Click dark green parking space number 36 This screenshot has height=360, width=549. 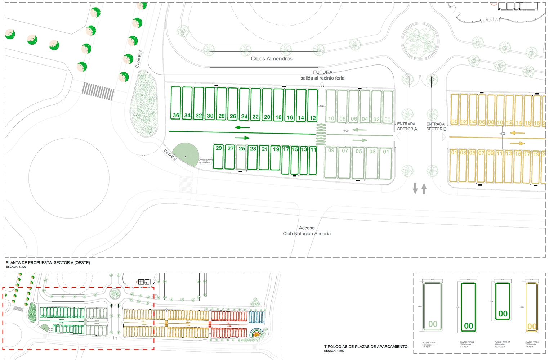pos(176,103)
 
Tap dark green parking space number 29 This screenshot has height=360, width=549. pos(219,157)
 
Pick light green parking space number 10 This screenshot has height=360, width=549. pos(331,106)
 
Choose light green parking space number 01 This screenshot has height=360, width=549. pos(386,162)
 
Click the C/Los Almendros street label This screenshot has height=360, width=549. pos(272,59)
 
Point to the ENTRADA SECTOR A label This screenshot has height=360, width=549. pos(407,126)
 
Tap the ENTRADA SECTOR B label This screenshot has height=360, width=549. pos(436,126)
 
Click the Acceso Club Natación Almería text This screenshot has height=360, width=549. pos(307,231)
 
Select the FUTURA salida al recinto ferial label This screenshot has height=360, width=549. pos(323,75)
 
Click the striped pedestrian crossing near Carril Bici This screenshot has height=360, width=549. pos(98,91)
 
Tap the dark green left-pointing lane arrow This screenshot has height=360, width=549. pos(242,127)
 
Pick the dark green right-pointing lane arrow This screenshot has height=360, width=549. pos(242,138)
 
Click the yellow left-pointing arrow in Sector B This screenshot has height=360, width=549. pos(517,133)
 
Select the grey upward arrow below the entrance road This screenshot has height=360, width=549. pos(424,188)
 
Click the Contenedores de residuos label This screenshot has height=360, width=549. pos(206,161)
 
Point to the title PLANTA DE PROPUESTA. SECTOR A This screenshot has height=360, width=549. pos(48,263)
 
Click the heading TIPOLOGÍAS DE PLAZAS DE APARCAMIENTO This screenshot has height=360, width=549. pos(366,347)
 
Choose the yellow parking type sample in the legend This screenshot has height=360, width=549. pos(531,307)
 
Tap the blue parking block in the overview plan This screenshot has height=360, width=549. pos(256,317)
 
